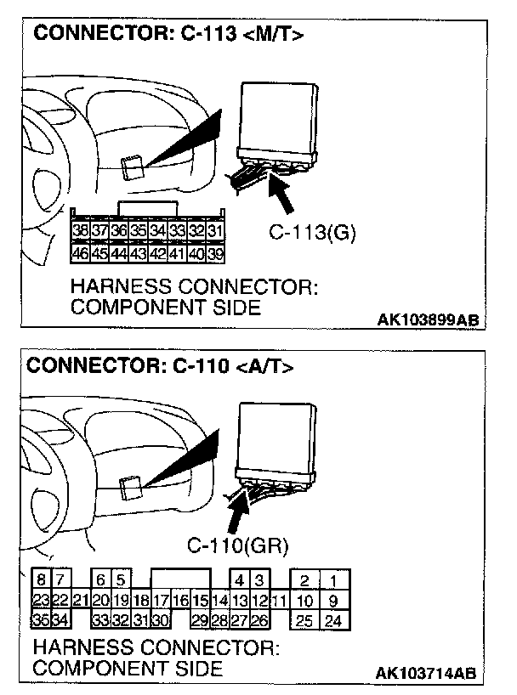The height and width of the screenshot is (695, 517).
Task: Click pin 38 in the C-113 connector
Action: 81,231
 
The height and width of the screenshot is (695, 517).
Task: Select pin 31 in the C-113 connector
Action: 214,231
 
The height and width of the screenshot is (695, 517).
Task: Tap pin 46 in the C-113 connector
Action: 81,252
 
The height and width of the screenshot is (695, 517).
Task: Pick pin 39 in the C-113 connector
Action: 214,252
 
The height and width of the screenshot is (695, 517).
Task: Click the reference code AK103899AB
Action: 428,320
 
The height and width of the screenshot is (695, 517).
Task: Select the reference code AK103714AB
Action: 428,673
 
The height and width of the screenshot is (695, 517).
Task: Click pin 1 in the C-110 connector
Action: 333,581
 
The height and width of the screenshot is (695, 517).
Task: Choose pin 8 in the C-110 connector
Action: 41,580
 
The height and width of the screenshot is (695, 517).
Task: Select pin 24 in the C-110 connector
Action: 333,620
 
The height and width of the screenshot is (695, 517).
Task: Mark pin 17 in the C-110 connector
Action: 162,601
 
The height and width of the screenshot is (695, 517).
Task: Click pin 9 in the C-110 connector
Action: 333,601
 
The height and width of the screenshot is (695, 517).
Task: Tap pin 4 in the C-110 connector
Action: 241,581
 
